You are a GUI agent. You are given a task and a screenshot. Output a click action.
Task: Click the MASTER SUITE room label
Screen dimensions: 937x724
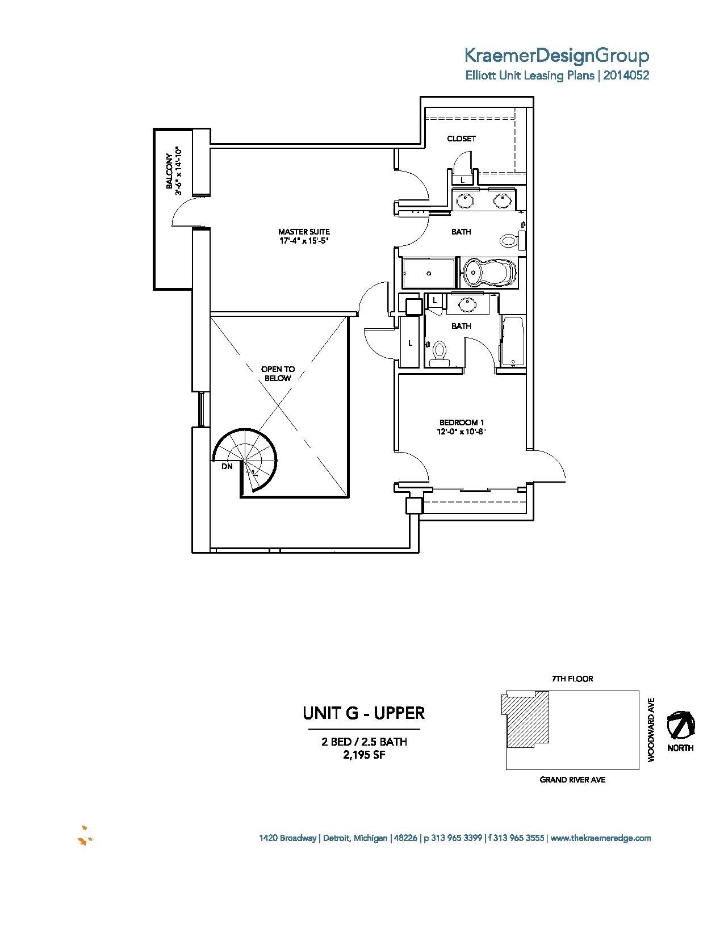[x=304, y=232]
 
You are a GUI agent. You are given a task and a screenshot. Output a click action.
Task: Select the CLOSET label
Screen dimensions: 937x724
[x=461, y=139]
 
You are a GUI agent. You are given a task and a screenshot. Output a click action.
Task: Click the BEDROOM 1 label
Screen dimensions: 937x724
[x=461, y=423]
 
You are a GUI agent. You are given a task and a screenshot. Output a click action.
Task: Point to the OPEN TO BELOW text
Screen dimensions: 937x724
[x=278, y=374]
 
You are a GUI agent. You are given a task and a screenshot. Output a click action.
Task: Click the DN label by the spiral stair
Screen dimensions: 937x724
[x=227, y=466]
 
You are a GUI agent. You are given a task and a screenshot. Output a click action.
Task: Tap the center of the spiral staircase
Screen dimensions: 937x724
[x=245, y=460]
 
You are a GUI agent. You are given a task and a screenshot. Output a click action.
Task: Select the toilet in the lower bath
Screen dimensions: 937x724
[x=438, y=353]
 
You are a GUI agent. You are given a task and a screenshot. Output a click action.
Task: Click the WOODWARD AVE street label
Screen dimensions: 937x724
[x=651, y=730]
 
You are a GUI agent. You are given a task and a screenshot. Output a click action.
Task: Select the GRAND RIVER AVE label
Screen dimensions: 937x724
[x=572, y=780]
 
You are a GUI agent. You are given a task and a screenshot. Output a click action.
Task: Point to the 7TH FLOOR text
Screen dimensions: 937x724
[x=572, y=679]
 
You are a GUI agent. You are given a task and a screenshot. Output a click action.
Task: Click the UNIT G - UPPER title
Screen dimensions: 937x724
[x=363, y=713]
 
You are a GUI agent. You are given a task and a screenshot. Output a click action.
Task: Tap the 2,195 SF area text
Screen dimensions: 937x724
[x=363, y=755]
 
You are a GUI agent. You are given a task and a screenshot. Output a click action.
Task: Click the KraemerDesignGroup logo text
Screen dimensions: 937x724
[x=556, y=56]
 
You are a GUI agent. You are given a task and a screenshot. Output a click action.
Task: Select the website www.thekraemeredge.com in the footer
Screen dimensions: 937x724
[x=601, y=838]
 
